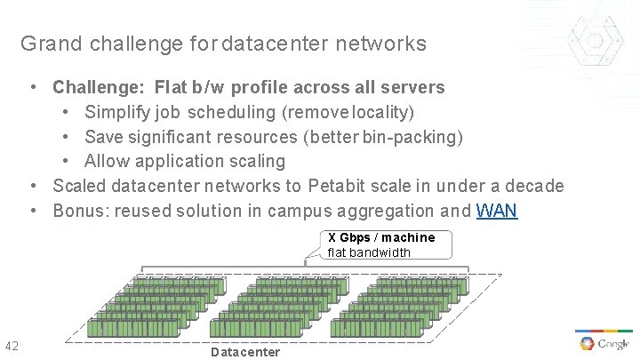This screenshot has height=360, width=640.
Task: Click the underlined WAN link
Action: click(497, 212)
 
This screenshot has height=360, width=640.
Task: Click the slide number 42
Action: click(12, 346)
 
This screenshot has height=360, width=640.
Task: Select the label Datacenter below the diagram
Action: click(245, 352)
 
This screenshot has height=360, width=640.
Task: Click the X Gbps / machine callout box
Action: click(382, 244)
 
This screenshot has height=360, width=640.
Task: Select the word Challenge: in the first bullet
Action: click(99, 87)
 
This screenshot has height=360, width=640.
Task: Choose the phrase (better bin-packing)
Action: click(382, 137)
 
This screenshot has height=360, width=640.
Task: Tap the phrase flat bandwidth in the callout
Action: click(369, 252)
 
